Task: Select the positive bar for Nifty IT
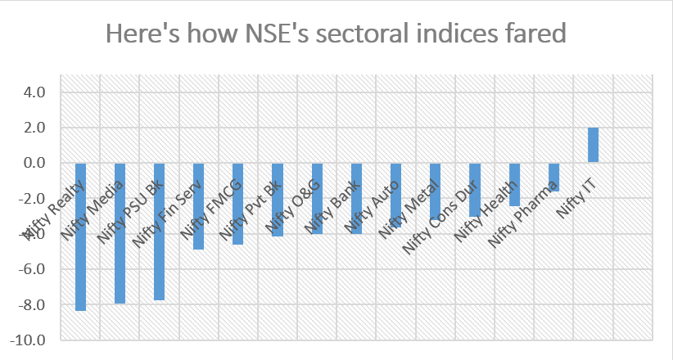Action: click(x=593, y=145)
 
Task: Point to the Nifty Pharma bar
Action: click(x=553, y=178)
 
